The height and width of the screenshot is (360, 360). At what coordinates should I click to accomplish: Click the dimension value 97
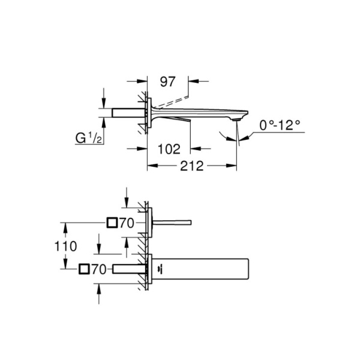[167, 80]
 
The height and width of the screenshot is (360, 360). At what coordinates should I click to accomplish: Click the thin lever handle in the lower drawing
[174, 223]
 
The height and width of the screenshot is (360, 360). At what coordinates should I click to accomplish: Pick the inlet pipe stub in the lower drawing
[128, 269]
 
